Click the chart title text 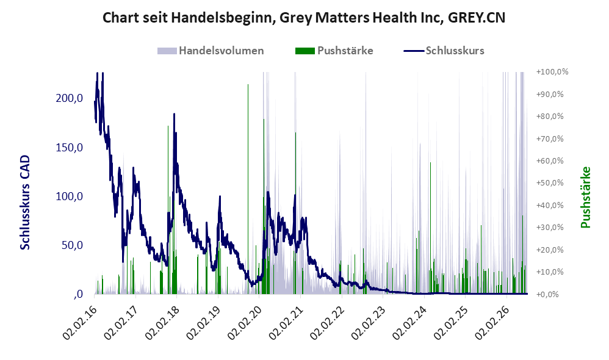[x=304, y=18]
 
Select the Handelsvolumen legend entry [x=211, y=51]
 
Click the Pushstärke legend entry [x=334, y=51]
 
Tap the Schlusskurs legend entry [x=444, y=51]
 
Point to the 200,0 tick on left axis [x=69, y=98]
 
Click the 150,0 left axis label [x=69, y=148]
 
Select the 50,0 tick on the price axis [x=72, y=245]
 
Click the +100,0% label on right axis [x=552, y=72]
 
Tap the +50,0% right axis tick [x=550, y=183]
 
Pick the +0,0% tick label [x=547, y=294]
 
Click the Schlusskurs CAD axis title [x=25, y=203]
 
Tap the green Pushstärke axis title [x=585, y=197]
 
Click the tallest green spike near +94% [x=248, y=189]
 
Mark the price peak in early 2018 [x=174, y=113]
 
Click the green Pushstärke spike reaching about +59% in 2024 [x=430, y=228]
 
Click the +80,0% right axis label [x=550, y=117]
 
